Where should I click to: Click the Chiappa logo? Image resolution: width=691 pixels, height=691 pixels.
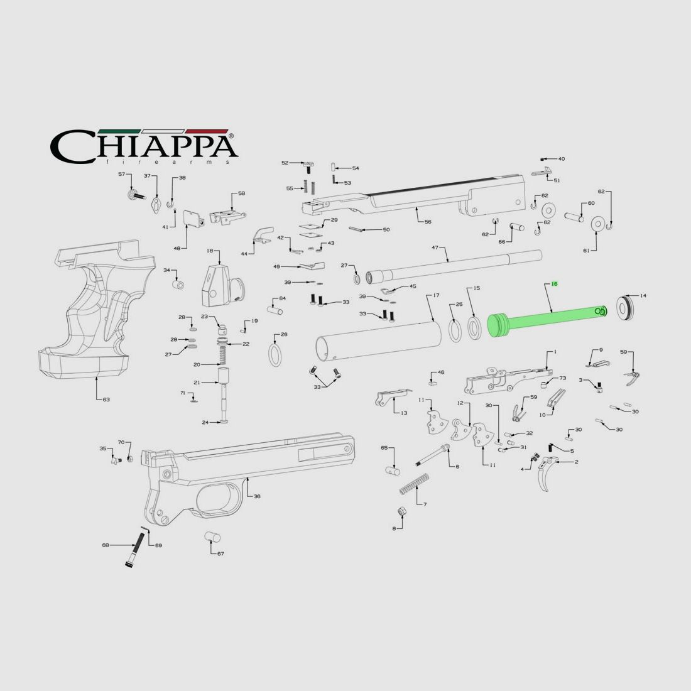(x=144, y=146)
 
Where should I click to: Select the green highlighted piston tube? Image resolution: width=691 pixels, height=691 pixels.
(x=547, y=320)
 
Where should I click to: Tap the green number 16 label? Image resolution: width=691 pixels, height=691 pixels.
(x=554, y=284)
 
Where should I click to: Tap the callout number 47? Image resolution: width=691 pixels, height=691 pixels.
(x=434, y=248)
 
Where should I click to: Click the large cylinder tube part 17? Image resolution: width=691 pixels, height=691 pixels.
(x=377, y=339)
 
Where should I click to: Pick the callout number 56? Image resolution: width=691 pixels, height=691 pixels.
(x=427, y=222)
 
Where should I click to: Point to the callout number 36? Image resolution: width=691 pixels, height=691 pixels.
(x=257, y=496)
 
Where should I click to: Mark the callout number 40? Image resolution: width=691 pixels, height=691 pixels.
(x=561, y=159)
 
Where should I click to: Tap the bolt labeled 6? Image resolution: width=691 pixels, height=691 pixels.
(x=434, y=455)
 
